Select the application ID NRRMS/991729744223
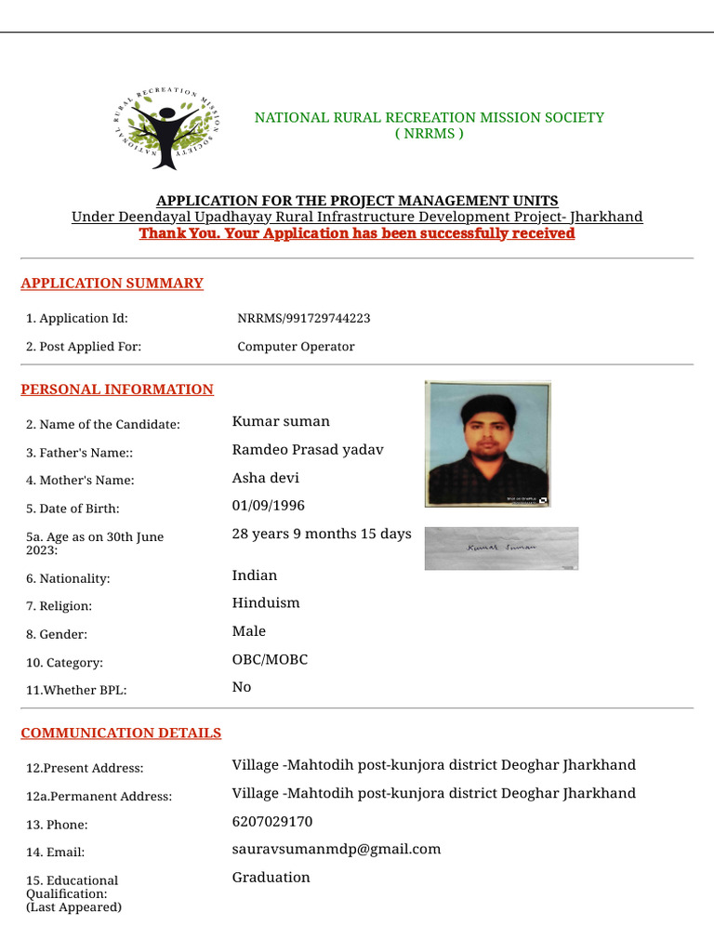click(x=304, y=318)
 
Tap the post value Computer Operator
click(x=296, y=347)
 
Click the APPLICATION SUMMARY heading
click(x=112, y=284)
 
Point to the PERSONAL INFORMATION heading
click(x=117, y=390)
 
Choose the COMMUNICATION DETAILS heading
click(x=121, y=734)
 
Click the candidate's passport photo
click(x=488, y=443)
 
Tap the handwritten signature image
click(x=501, y=549)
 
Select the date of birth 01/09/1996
click(x=268, y=506)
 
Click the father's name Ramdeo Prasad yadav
click(x=308, y=450)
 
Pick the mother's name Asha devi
click(x=266, y=478)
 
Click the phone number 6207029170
click(x=272, y=822)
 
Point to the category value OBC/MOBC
click(x=270, y=659)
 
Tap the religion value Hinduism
click(x=266, y=602)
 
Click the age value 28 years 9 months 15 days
click(x=322, y=534)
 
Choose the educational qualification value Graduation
click(x=271, y=878)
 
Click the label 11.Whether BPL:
click(x=76, y=691)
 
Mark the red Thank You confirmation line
click(x=357, y=233)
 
